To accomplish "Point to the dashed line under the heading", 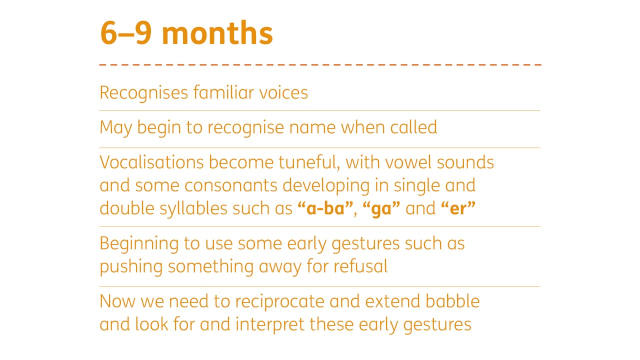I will (320, 64).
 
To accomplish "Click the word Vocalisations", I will (151, 162).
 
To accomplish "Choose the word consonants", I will (231, 185).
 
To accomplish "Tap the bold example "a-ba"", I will (325, 208).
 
